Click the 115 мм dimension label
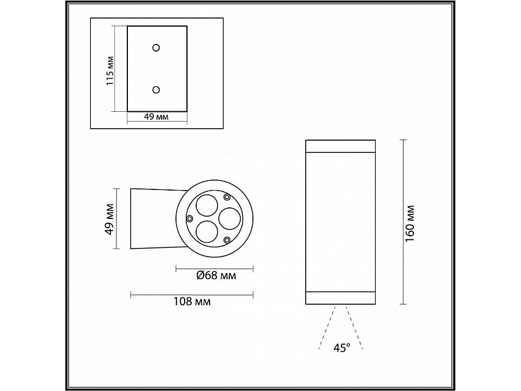[109, 71]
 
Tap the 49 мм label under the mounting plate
[156, 117]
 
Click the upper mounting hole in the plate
[156, 47]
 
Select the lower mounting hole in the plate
[156, 89]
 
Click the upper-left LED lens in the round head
[207, 205]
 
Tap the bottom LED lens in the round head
[207, 232]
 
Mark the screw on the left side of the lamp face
[189, 218]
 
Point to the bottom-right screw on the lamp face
[228, 240]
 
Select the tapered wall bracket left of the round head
[152, 218]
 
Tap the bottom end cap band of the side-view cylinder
[339, 298]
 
